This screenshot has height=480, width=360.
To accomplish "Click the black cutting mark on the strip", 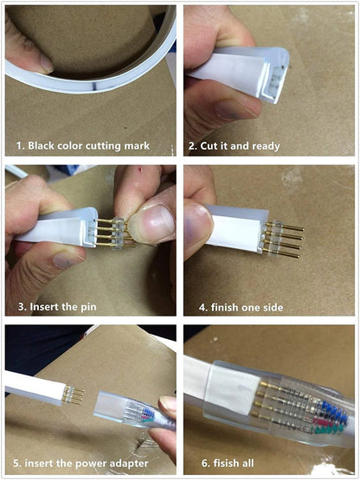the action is pos(95,86).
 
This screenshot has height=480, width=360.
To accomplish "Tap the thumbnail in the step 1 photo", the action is pos(47,63).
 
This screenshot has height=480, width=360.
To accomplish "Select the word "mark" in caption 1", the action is pos(137,145).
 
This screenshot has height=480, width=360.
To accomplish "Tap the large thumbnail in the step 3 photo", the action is pos(150,223).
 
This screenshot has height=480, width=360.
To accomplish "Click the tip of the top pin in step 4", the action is pos(304,228).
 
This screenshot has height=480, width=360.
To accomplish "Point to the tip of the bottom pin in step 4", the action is pos(299,257).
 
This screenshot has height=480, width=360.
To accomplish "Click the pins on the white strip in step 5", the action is pos(73,395).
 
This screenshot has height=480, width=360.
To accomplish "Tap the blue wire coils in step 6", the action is pos(333,409).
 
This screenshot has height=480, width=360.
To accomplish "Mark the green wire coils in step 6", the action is pos(327,430).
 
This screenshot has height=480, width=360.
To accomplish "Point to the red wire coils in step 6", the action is pos(324,422).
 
